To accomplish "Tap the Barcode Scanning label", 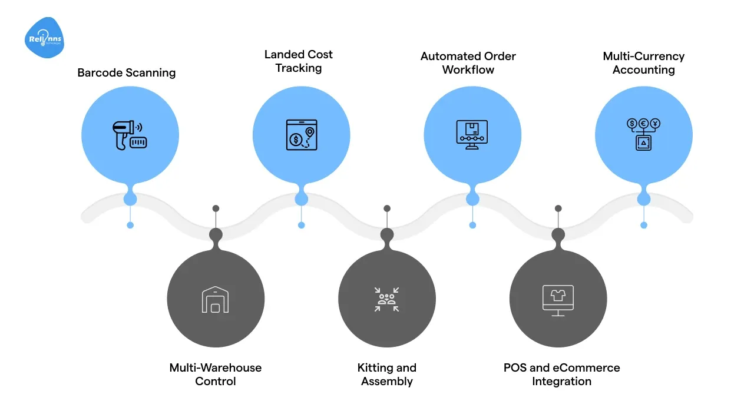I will coord(127,73).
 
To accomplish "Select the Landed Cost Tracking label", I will coord(299,61).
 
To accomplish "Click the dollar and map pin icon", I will coord(301,135).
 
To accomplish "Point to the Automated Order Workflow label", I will coord(468,63).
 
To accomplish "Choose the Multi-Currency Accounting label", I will coord(643,63).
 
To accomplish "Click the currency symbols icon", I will coord(643,135).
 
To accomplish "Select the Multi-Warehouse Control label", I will coord(216,374).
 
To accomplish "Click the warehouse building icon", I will coord(216,299).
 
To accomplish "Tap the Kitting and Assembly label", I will coord(387,374).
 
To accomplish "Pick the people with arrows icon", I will coord(387,299).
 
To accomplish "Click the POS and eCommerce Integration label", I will coord(561,374).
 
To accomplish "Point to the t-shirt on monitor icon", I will coord(558,300).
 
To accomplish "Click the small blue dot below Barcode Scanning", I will coord(130,225).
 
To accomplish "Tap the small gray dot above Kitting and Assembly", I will coord(387,208).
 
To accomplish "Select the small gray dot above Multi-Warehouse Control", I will coord(216,208).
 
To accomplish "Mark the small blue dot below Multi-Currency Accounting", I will coord(644,225).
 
